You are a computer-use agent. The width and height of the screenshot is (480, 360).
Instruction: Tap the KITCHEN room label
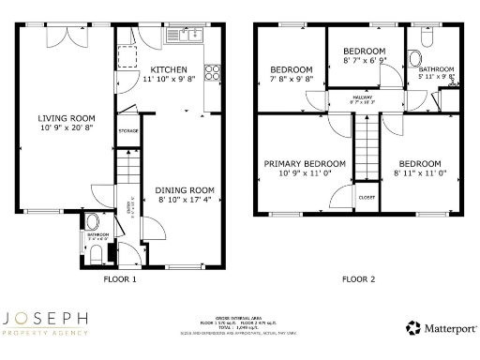[x=169, y=69]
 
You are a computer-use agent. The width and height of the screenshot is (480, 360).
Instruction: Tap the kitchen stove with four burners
[x=213, y=69]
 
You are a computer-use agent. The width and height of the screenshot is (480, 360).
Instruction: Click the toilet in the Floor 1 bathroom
[x=92, y=223]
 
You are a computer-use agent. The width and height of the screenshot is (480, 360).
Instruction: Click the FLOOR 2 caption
[x=357, y=278]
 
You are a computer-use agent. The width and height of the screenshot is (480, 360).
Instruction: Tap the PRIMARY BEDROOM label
[x=305, y=163]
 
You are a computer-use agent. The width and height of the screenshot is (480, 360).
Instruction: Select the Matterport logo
[x=441, y=328]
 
